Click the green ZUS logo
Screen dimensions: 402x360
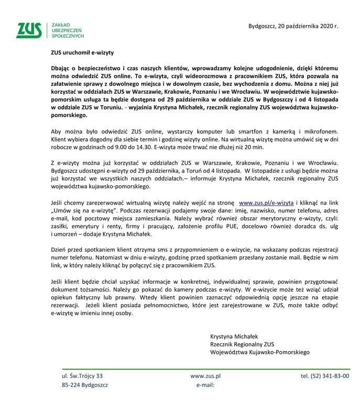pyautogui.click(x=29, y=31)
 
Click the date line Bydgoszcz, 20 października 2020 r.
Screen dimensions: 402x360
pyautogui.click(x=293, y=25)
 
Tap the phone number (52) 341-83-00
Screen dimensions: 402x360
pyautogui.click(x=325, y=376)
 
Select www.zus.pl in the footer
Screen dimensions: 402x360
pyautogui.click(x=205, y=376)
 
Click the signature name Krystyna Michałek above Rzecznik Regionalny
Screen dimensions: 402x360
pyautogui.click(x=234, y=336)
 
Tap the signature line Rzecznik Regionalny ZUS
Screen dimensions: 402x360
pyautogui.click(x=242, y=344)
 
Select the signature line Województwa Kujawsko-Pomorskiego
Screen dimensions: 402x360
pyautogui.click(x=260, y=352)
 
